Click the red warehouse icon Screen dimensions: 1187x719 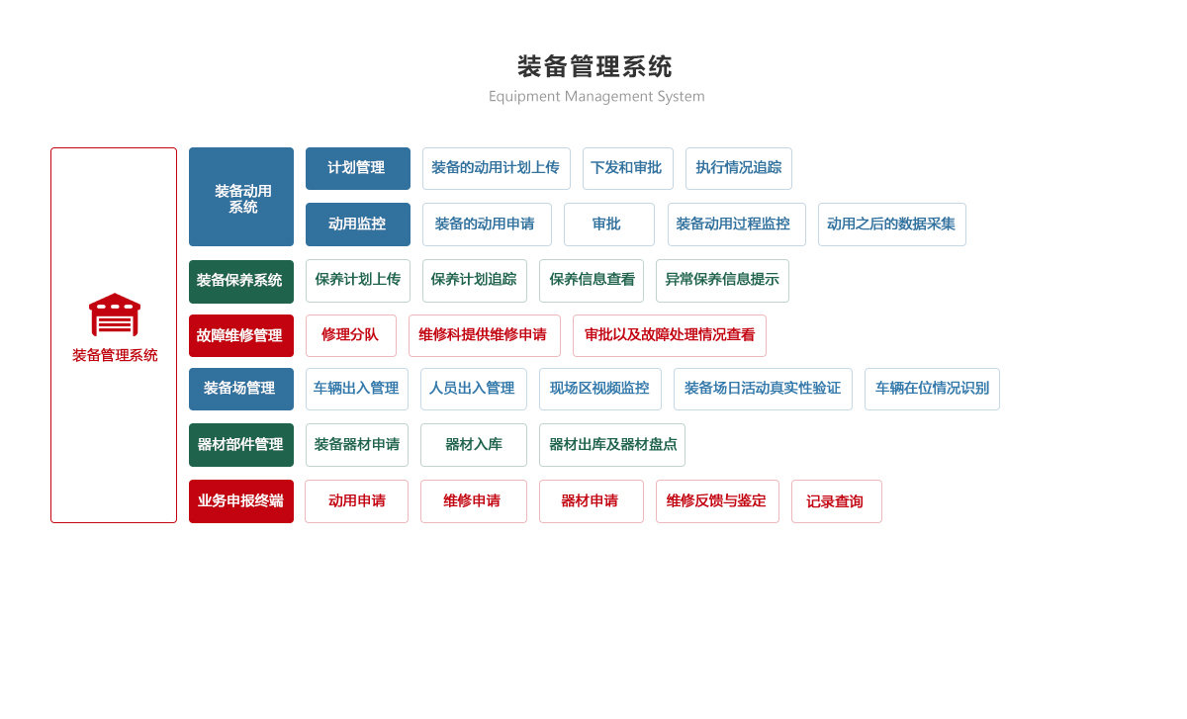click(x=115, y=315)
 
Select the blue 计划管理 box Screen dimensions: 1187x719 click(x=358, y=168)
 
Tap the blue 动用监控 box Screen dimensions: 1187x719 click(x=358, y=225)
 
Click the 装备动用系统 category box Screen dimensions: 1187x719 click(x=241, y=197)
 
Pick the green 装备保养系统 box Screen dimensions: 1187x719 click(x=241, y=281)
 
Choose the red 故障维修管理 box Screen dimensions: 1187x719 click(x=241, y=335)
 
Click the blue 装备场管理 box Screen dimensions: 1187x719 click(x=241, y=389)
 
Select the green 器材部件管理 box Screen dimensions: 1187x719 click(x=241, y=445)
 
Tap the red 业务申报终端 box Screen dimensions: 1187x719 click(x=241, y=501)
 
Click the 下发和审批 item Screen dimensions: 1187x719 click(x=628, y=168)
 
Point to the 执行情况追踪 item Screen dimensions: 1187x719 click(x=739, y=168)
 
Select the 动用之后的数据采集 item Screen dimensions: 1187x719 click(x=892, y=225)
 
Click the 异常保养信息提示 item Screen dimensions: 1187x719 click(x=722, y=281)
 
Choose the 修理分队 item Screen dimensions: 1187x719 click(x=351, y=335)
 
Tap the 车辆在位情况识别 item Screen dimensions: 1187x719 click(x=932, y=389)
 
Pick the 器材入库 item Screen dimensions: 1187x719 click(x=474, y=445)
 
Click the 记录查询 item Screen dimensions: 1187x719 click(x=837, y=501)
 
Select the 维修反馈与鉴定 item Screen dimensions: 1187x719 click(x=717, y=501)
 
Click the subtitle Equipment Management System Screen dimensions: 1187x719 click(x=596, y=97)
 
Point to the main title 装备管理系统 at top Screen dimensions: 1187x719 click(x=595, y=67)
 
